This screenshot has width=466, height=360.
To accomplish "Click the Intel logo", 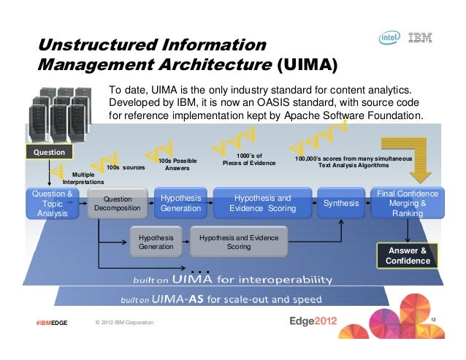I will pyautogui.click(x=387, y=39).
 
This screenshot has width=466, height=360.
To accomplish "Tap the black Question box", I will pyautogui.click(x=50, y=153).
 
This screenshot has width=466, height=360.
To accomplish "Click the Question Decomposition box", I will pyautogui.click(x=117, y=204).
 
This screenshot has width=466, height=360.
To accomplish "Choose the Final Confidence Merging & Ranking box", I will pyautogui.click(x=407, y=203).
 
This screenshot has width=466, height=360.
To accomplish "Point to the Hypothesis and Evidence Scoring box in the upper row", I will pyautogui.click(x=260, y=203).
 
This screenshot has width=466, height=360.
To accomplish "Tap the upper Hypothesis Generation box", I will pyautogui.click(x=180, y=203).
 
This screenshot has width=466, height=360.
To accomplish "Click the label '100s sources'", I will pyautogui.click(x=126, y=167).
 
